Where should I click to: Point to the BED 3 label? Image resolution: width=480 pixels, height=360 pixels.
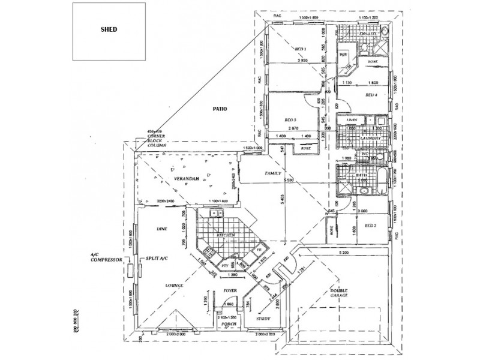pos(292,120)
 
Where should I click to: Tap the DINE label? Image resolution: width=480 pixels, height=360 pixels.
pos(161,229)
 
